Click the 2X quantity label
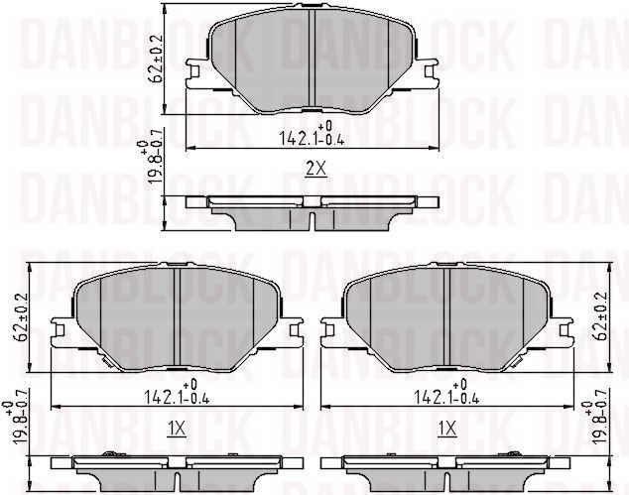314,170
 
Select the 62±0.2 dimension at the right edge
599,315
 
